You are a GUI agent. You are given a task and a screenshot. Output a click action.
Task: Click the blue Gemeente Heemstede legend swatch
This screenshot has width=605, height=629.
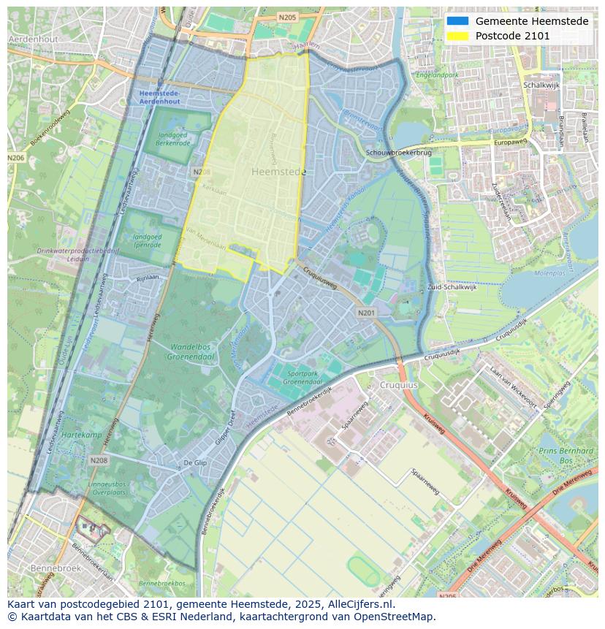458,21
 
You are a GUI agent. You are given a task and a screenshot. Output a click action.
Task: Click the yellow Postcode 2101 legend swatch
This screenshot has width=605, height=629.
458,36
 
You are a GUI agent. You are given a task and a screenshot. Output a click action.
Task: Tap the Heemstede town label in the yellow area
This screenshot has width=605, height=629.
278,172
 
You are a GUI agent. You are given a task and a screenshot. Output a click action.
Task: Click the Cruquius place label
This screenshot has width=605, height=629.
398,385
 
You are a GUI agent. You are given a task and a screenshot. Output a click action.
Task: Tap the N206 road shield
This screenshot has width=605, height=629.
15,158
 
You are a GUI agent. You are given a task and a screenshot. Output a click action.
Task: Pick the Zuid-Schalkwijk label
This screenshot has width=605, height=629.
452,287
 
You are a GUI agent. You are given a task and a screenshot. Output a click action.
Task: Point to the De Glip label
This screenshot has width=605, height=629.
195,463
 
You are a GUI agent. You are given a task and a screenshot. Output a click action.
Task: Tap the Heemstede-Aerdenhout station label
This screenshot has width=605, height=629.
159,98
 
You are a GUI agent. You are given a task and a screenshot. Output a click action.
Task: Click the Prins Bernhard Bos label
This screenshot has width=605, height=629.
566,456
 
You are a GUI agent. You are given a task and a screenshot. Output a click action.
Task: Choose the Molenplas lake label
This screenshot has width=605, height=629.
550,273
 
